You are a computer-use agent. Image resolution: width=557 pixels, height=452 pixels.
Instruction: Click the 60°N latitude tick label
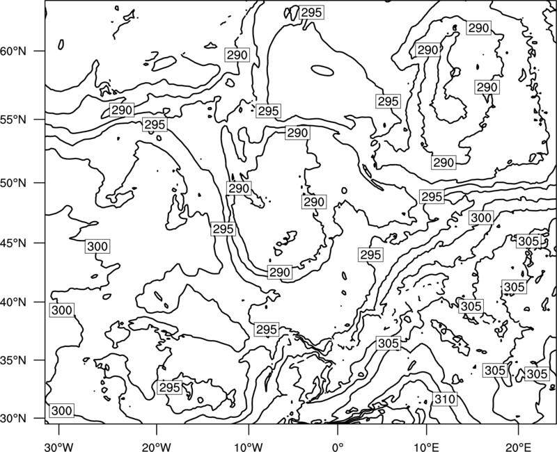(13, 51)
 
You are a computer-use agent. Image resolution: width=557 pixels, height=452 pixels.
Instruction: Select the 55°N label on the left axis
(13, 120)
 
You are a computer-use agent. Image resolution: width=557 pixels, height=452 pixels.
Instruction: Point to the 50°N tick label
(13, 183)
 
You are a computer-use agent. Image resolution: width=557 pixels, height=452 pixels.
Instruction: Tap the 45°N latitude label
(13, 243)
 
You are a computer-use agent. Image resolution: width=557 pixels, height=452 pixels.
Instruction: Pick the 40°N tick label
(13, 302)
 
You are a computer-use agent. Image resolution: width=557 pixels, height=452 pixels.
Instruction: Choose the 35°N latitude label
(13, 360)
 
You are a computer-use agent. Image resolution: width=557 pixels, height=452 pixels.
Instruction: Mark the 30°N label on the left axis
(13, 419)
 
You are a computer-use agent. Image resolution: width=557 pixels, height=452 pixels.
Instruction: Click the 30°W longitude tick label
(58, 446)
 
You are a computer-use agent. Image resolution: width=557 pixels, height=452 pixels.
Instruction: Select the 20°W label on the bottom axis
(156, 446)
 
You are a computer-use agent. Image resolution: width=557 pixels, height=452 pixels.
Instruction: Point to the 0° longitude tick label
(337, 446)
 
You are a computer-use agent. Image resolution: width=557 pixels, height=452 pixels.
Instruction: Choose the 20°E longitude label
(518, 446)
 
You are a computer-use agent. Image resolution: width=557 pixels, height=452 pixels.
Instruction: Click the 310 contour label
(445, 399)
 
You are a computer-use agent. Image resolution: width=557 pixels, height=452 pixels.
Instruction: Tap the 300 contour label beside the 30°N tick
(62, 411)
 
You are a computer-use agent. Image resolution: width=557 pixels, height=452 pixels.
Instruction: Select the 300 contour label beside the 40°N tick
(62, 310)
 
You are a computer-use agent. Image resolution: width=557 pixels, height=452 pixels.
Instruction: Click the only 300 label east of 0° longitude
(481, 218)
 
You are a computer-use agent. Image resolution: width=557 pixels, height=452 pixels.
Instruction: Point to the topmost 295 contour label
(311, 13)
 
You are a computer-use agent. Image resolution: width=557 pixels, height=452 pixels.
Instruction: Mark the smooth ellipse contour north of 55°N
(322, 70)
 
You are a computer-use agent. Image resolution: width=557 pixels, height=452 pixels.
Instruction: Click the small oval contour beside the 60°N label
(61, 45)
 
